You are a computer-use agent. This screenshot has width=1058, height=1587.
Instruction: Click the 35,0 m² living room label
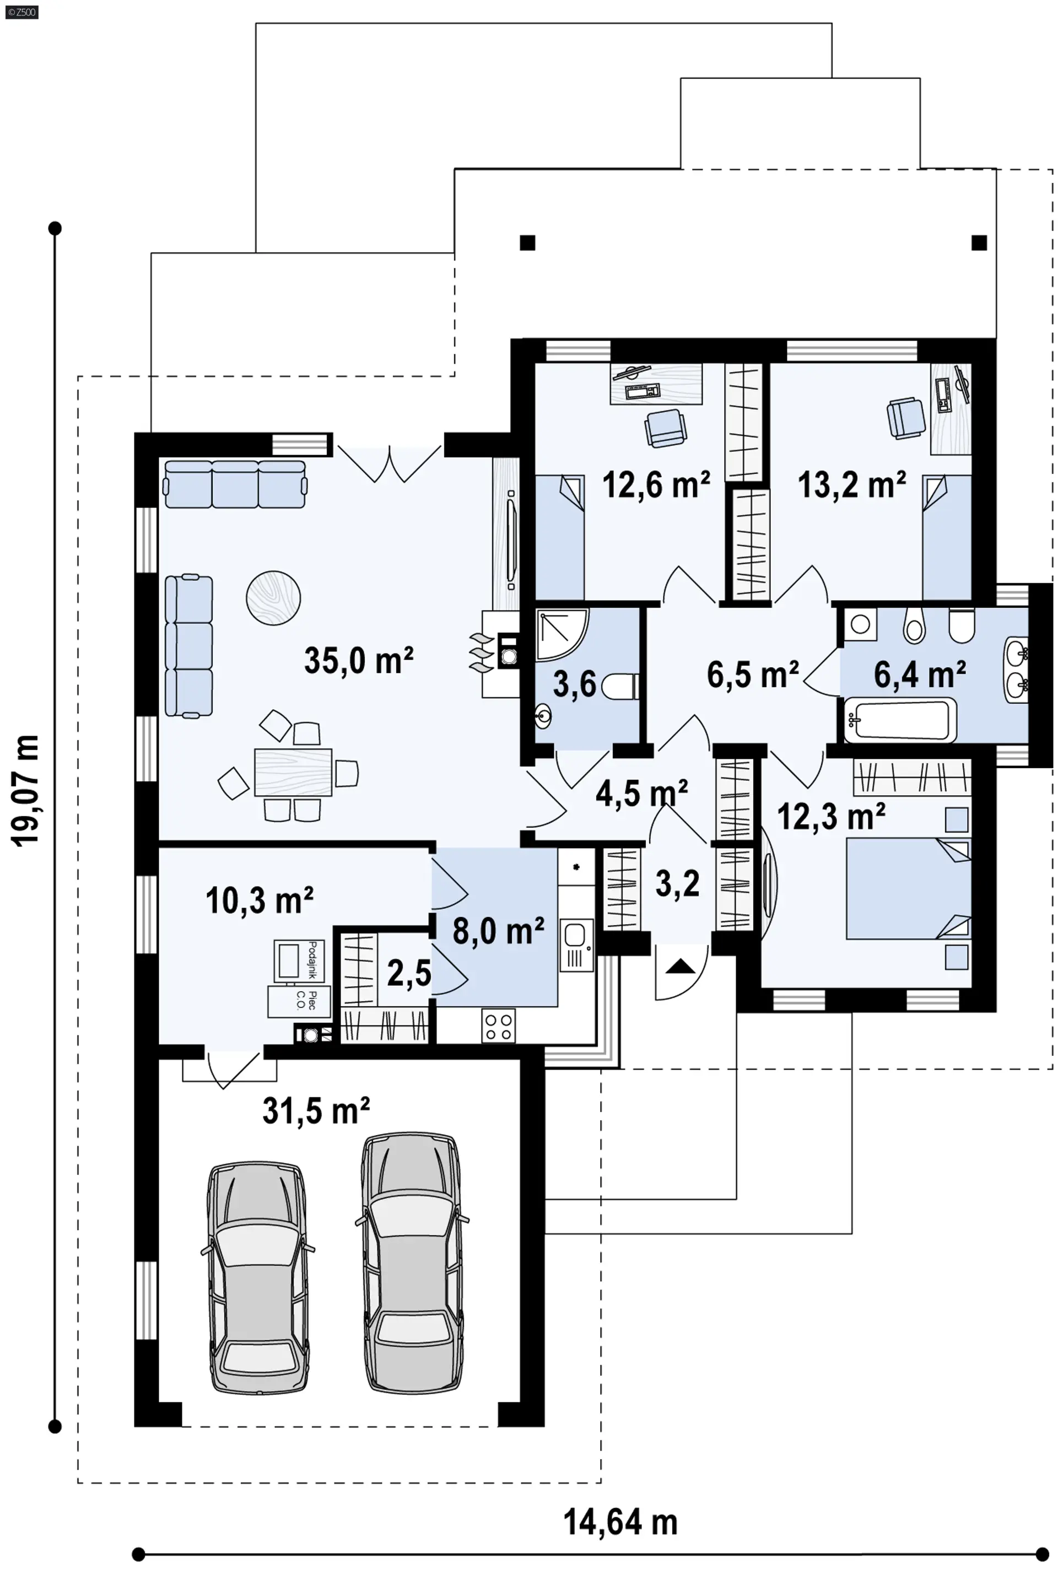tap(359, 660)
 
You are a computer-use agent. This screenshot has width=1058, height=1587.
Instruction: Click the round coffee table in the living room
tap(273, 598)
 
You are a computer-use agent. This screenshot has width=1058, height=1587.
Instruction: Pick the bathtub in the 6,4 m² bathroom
tap(900, 719)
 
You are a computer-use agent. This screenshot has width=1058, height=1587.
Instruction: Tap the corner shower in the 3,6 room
tap(562, 634)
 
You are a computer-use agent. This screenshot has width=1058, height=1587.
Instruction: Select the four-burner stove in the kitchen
tap(499, 1025)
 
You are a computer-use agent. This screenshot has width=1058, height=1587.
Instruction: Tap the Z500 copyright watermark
tap(21, 12)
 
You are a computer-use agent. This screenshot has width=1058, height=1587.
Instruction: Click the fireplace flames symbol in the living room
tap(481, 652)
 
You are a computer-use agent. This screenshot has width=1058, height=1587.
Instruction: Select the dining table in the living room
tap(294, 772)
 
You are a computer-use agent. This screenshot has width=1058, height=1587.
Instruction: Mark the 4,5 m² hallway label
tap(641, 793)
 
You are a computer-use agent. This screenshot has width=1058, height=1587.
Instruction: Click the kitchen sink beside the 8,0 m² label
tap(575, 944)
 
